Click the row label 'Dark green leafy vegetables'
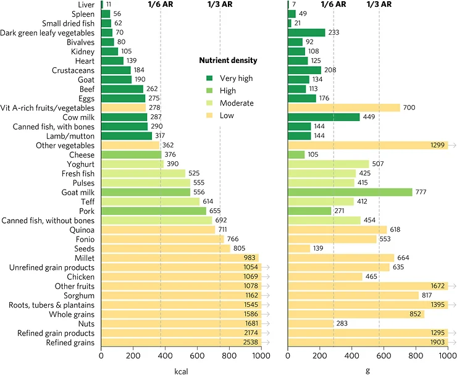coord(48,33)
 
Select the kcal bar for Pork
coord(153,211)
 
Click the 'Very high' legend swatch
coord(209,78)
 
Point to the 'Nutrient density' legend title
coord(228,61)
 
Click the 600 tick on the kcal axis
coord(197,356)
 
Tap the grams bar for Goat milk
coord(350,192)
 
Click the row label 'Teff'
coord(87,201)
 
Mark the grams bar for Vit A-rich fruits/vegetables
coord(344,107)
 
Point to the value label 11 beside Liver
coord(109,4)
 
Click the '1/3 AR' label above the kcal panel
coord(219,4)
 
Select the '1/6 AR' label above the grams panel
coord(333,4)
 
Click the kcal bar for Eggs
coord(123,98)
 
